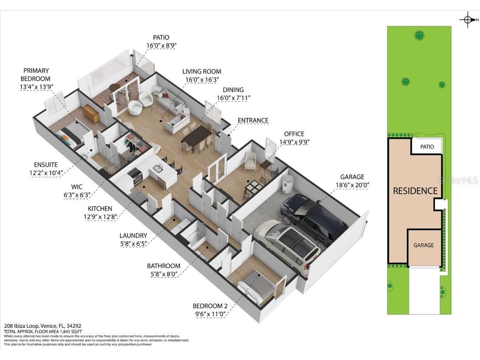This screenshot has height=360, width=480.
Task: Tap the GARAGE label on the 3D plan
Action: [x=352, y=177]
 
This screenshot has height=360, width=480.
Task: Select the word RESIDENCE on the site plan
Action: [x=415, y=191]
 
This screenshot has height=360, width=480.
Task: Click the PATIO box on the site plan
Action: [x=427, y=146]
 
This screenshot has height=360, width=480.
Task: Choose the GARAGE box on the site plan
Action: [x=423, y=245]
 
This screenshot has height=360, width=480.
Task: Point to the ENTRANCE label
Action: [x=253, y=120]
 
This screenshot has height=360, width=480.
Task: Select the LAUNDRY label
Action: [x=133, y=236]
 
